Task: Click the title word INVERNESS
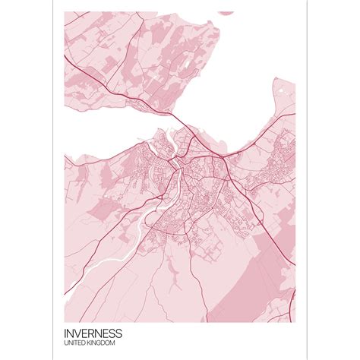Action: [93, 333]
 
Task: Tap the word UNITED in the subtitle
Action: [77, 344]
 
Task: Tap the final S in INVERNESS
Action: [119, 333]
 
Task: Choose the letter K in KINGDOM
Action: [91, 344]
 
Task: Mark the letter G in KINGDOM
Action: [103, 344]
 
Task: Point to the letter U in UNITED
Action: [68, 344]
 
